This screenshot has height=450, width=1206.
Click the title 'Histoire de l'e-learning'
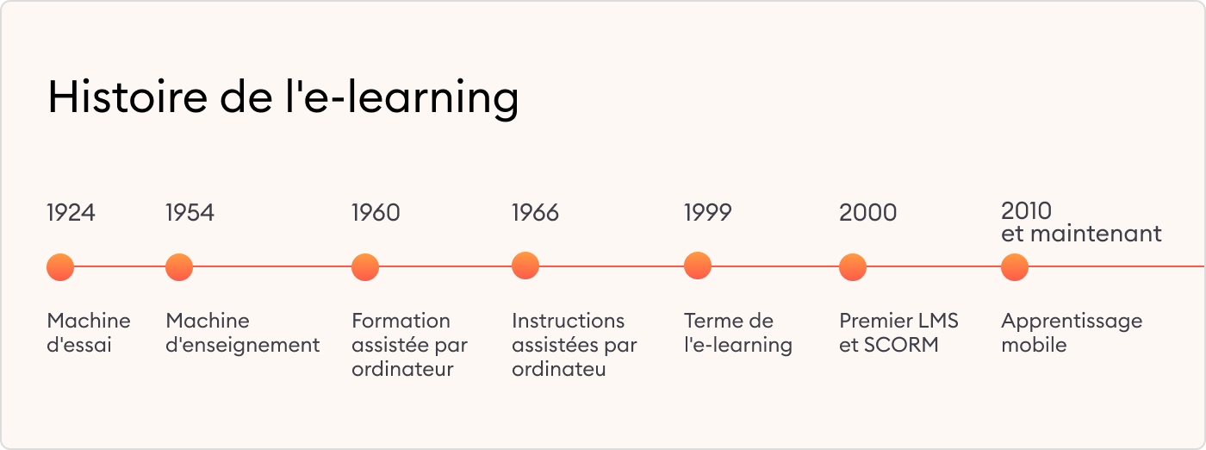click(283, 97)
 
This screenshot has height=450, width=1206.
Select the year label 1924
click(71, 213)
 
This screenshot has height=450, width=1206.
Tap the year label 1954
click(190, 213)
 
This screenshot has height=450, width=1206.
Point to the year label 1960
click(376, 213)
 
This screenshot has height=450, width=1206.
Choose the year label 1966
click(535, 213)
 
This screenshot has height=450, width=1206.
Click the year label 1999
click(707, 213)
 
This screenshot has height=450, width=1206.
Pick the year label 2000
click(867, 213)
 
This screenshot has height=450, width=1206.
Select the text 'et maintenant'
click(1081, 234)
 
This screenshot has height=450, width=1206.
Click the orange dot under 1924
click(60, 267)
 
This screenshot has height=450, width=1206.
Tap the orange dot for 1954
click(179, 267)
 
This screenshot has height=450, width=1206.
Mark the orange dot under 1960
click(365, 267)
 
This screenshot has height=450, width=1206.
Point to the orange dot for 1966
click(525, 266)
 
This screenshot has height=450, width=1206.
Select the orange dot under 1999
click(698, 266)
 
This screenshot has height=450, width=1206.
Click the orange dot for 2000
click(853, 267)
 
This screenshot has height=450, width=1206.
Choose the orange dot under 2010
click(1015, 267)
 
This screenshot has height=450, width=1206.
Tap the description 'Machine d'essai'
click(88, 333)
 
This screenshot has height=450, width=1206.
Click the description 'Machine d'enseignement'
click(242, 333)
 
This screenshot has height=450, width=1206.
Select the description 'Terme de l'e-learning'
click(737, 333)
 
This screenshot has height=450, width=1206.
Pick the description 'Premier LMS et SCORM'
click(898, 333)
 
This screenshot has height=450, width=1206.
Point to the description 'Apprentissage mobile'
click(1071, 333)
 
